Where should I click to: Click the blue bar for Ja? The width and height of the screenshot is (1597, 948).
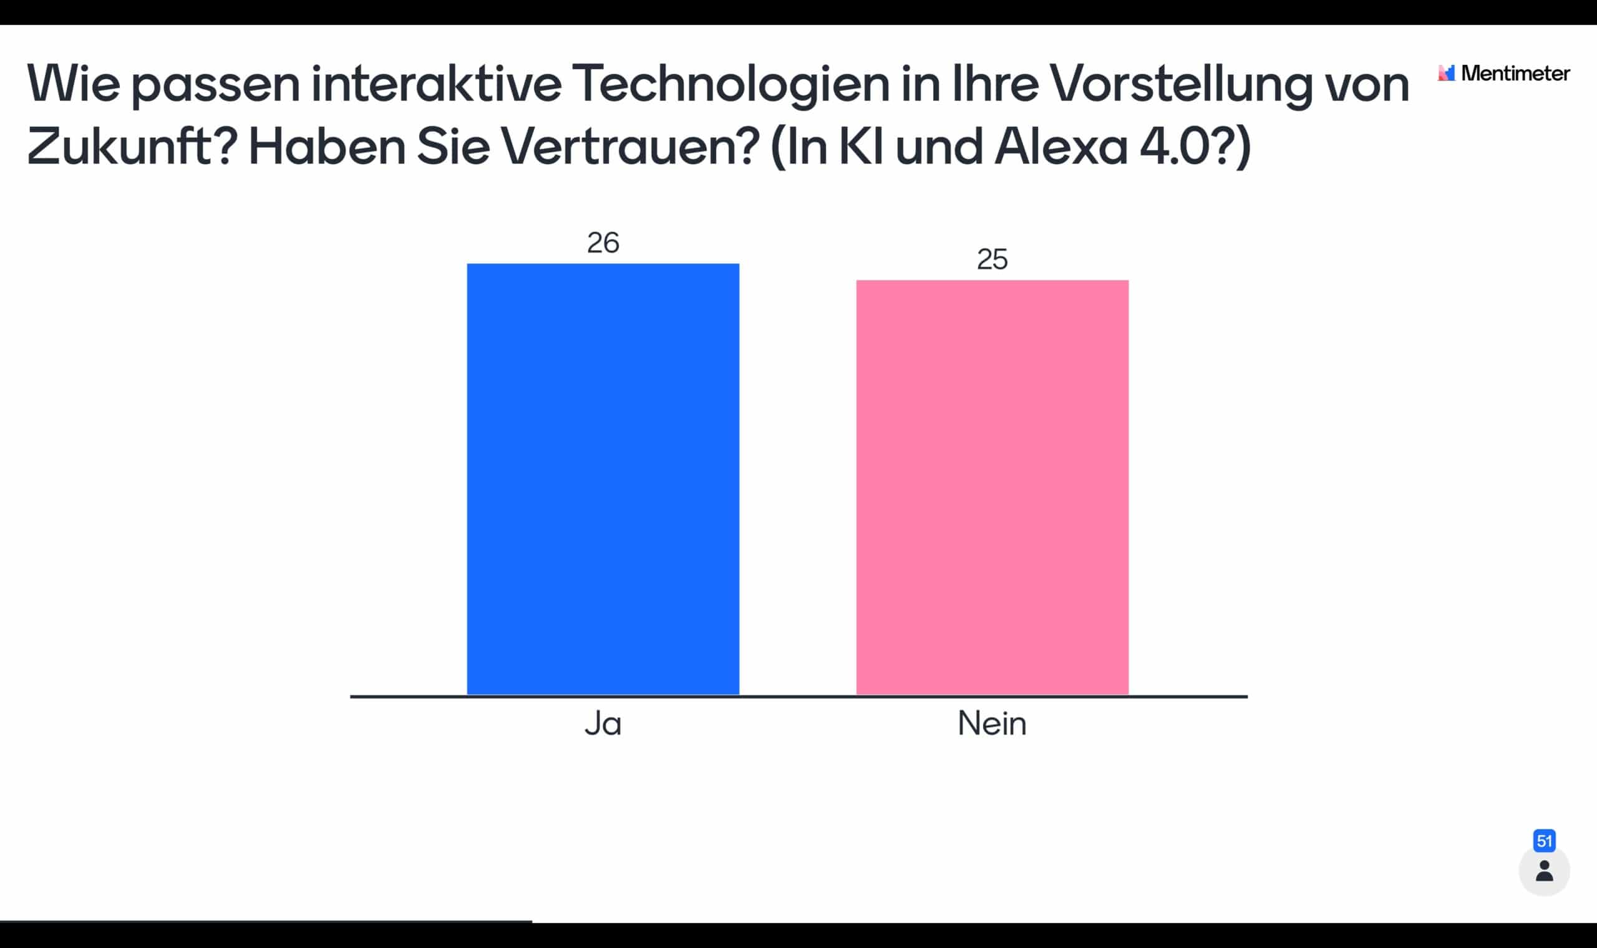tap(603, 478)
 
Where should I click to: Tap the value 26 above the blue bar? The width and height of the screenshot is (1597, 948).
tap(603, 243)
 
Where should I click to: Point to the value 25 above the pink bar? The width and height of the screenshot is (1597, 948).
tap(992, 259)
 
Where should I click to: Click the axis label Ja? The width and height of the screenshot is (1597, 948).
tap(603, 723)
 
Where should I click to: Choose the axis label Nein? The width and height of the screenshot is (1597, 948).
tap(992, 723)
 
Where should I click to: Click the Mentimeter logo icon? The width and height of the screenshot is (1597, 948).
tap(1446, 73)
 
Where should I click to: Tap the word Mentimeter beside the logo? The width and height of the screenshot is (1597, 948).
tap(1515, 74)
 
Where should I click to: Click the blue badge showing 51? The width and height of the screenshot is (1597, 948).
tap(1544, 841)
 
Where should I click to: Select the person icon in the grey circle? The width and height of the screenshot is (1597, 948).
tap(1544, 871)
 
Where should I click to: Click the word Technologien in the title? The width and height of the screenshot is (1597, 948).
tap(730, 84)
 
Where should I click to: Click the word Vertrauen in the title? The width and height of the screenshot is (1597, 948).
tap(630, 147)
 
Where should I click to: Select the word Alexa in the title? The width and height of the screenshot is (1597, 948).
tap(1061, 147)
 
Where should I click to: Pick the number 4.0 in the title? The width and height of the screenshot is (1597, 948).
tap(1173, 147)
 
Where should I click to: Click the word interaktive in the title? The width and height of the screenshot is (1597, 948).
tap(436, 84)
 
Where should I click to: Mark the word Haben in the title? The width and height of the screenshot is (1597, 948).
tap(326, 147)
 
